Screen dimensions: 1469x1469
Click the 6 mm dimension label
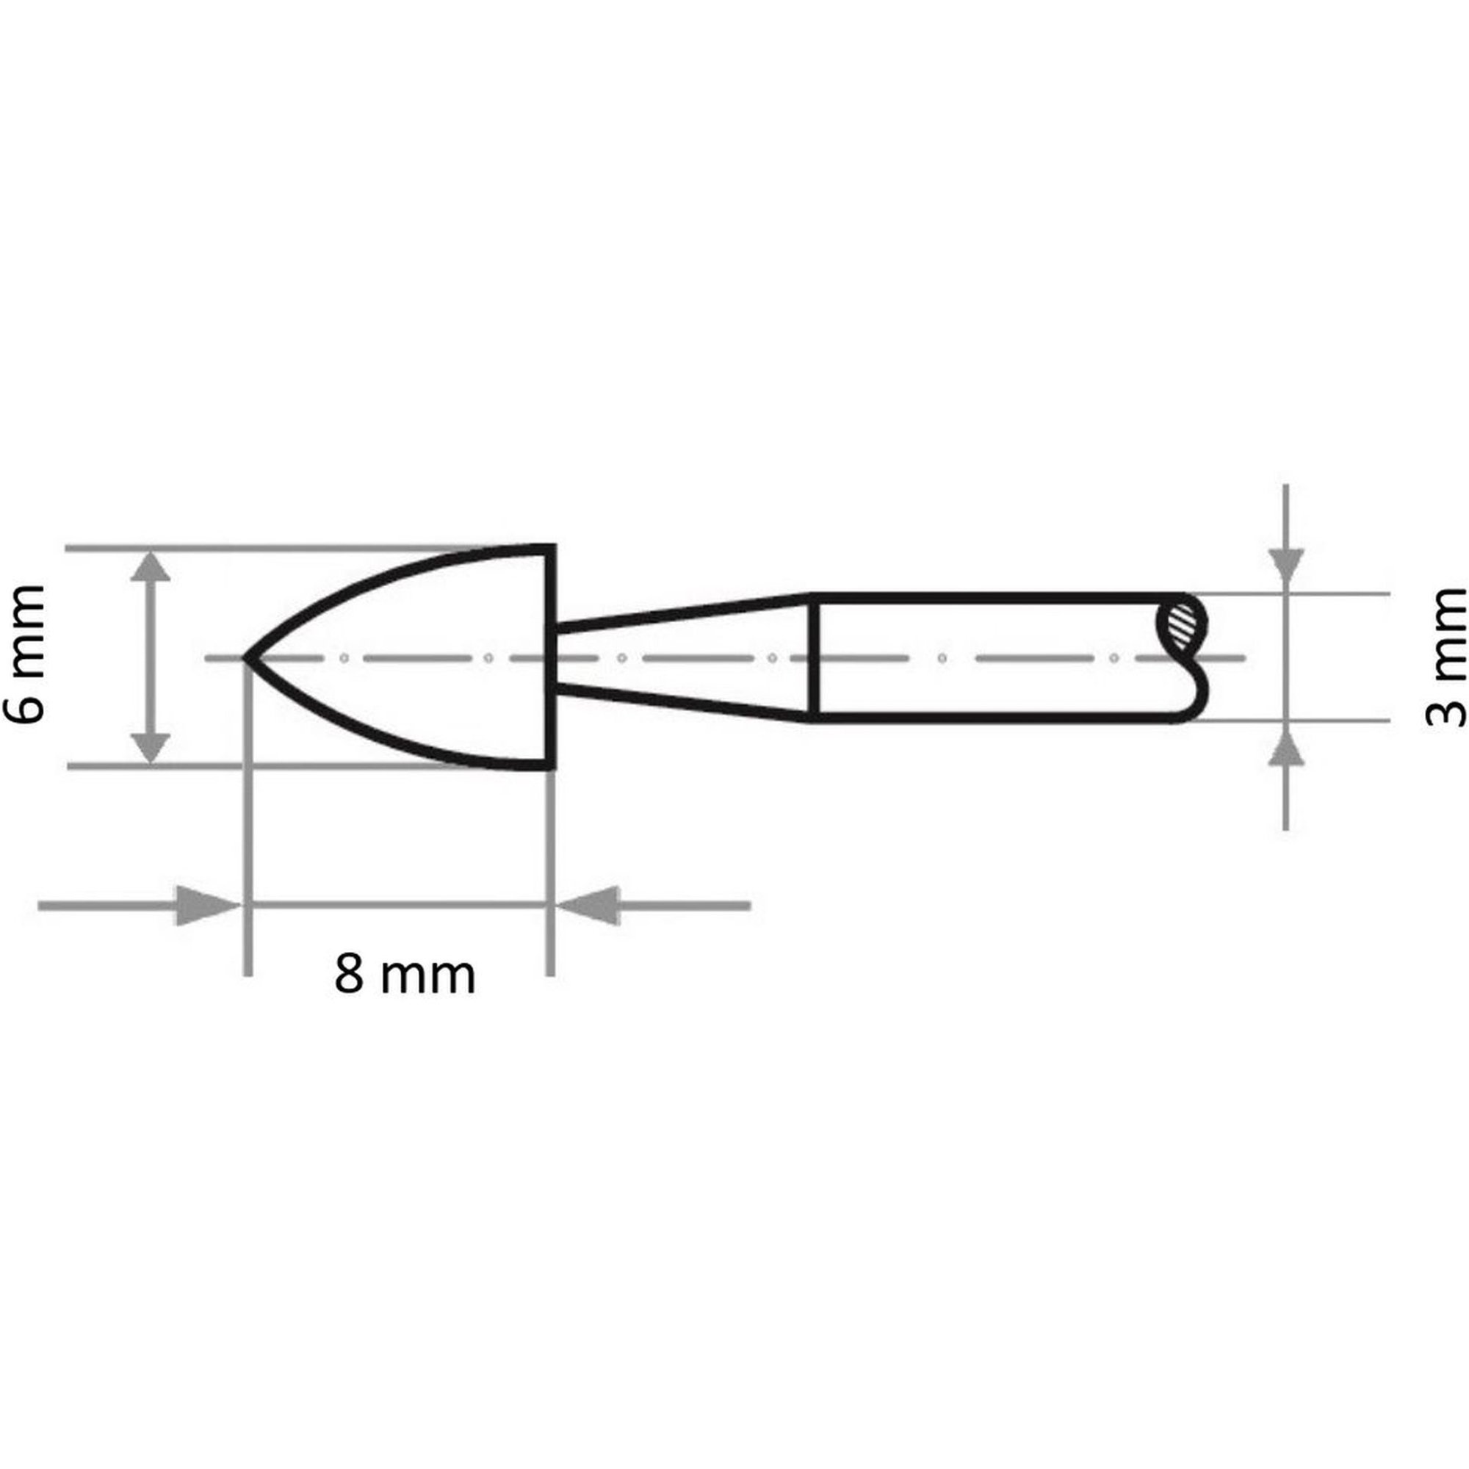[24, 654]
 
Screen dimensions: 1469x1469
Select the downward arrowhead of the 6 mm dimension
[150, 747]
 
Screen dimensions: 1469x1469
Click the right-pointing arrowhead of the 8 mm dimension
[208, 906]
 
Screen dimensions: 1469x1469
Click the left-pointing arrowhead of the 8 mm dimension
[588, 906]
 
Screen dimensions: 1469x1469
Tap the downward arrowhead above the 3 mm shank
[1286, 569]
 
